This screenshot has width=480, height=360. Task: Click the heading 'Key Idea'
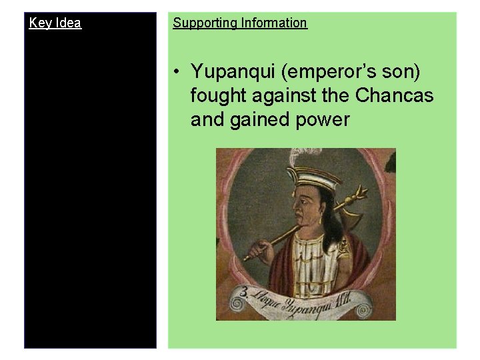point(55,23)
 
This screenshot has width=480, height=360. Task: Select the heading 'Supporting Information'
point(240,23)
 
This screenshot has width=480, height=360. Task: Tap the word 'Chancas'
point(394,96)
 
